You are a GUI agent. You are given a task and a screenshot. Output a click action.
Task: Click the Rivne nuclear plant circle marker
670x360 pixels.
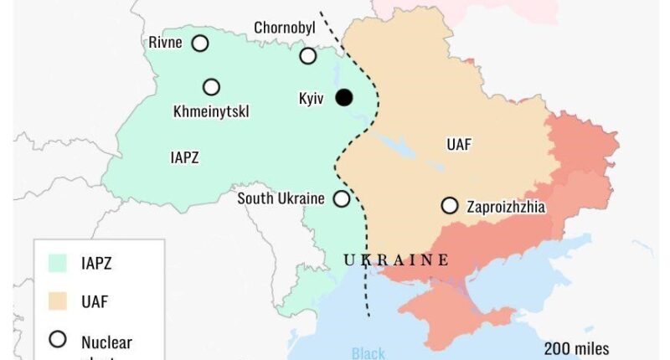click(200, 44)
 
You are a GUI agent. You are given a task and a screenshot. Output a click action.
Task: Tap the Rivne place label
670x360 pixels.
click(165, 43)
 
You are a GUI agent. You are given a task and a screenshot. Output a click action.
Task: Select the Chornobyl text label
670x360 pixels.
click(285, 28)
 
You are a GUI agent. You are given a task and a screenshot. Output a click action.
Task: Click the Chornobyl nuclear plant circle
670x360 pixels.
click(308, 56)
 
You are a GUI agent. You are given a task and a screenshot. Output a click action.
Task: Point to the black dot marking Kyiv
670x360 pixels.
click(343, 98)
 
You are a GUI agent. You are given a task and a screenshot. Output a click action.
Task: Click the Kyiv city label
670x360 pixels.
click(312, 99)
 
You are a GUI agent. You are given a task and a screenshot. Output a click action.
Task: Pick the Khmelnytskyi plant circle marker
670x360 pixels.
click(211, 87)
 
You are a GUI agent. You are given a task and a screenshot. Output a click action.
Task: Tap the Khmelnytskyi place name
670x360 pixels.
click(211, 111)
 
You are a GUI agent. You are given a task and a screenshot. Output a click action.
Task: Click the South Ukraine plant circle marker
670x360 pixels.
click(342, 199)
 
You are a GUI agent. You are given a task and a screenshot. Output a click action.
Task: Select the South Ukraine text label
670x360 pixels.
click(281, 199)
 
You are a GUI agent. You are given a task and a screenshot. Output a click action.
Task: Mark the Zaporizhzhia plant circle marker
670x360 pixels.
click(450, 205)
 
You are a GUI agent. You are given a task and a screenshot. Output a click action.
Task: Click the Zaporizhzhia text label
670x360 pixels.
click(507, 206)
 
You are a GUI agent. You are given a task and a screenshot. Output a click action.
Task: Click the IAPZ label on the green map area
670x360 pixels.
click(184, 157)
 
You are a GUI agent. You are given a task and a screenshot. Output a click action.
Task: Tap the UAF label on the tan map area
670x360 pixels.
click(459, 145)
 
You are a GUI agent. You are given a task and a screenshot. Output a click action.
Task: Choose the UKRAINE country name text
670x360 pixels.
click(396, 260)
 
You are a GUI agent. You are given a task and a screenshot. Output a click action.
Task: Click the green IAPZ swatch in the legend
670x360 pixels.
click(58, 264)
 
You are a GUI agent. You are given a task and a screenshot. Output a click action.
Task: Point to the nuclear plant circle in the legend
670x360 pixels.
click(58, 340)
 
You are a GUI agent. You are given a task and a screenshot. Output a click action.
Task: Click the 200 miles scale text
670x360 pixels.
click(576, 348)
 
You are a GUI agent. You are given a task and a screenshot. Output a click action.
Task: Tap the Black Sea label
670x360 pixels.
click(368, 353)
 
